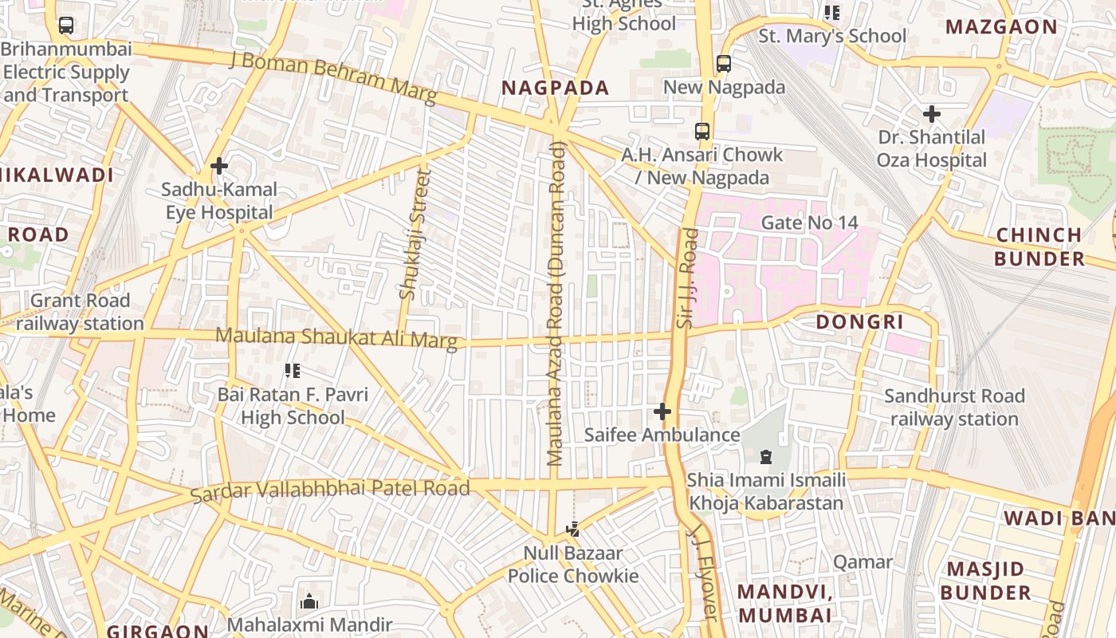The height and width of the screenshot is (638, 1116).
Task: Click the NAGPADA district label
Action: (556, 88)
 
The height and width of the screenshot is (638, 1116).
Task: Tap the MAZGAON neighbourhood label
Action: (1001, 26)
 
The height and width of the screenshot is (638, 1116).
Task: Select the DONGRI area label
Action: (859, 321)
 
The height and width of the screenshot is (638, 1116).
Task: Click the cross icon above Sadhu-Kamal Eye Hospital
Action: (219, 166)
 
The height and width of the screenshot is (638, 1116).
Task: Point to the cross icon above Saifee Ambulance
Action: (662, 412)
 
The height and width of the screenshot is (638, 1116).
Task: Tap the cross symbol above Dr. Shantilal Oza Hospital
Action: (931, 114)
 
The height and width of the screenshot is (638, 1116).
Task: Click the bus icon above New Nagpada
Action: (724, 64)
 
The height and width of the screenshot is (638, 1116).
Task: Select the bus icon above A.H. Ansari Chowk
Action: (702, 132)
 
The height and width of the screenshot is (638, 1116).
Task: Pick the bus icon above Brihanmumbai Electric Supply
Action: (66, 26)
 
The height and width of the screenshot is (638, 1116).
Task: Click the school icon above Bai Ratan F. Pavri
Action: (293, 371)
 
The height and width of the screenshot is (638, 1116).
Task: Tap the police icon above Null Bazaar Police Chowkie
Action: (572, 529)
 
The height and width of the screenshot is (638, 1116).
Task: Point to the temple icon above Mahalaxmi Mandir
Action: (309, 601)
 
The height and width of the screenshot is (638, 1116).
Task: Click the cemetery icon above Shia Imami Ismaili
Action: (766, 457)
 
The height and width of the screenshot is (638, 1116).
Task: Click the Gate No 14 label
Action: (809, 223)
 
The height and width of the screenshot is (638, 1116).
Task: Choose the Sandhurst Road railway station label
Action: (954, 408)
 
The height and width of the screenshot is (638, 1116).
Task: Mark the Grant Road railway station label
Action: (80, 312)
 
